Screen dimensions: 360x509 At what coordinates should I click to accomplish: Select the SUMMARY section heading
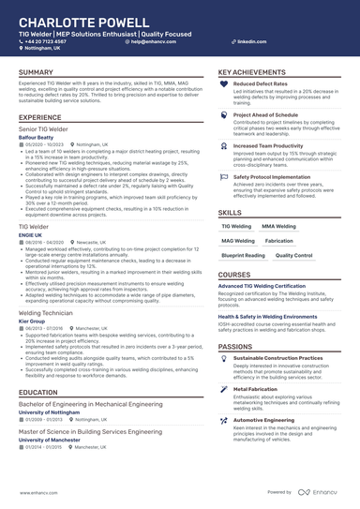pyautogui.click(x=37, y=72)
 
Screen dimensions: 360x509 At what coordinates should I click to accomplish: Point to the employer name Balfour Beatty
pyautogui.click(x=37, y=137)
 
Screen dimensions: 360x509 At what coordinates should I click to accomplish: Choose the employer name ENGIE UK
pyautogui.click(x=31, y=233)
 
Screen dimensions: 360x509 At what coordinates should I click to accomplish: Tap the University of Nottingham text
pyautogui.click(x=54, y=412)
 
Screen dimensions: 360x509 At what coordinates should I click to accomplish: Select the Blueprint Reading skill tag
pyautogui.click(x=243, y=254)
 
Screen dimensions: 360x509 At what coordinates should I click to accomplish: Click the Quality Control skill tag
pyautogui.click(x=294, y=254)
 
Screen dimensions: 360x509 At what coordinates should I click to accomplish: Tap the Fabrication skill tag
pyautogui.click(x=278, y=240)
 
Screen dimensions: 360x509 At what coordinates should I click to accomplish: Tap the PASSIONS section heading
pyautogui.click(x=235, y=347)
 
